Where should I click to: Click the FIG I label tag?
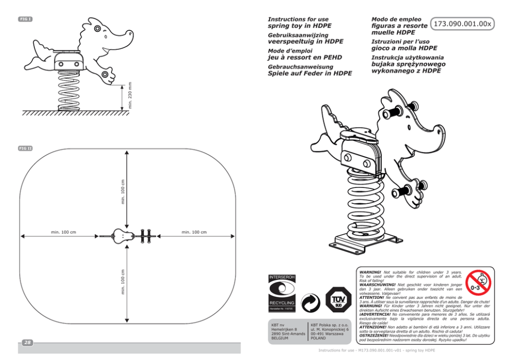point(26,19)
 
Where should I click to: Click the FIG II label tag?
point(26,148)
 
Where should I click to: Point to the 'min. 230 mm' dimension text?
point(130,95)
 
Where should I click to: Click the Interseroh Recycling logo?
point(282,294)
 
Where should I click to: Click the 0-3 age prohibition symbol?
point(478,283)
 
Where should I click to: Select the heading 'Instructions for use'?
point(298,19)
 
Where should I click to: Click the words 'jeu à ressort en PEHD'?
point(305,58)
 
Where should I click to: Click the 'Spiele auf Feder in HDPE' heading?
point(310,73)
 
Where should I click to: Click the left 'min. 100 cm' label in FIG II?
point(64,232)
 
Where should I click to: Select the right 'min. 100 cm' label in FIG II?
point(194,232)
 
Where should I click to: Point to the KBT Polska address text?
point(330,332)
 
